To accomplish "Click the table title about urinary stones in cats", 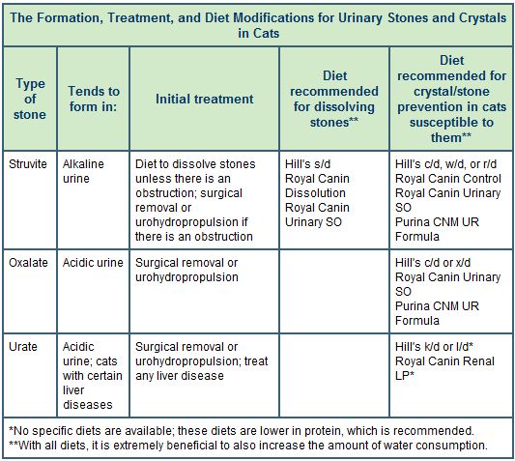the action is point(257,23).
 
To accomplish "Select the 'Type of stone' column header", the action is point(29,98).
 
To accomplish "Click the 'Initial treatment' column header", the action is point(205,98).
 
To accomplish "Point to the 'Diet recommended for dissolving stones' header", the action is point(334,98).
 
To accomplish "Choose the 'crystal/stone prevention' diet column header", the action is point(450,98).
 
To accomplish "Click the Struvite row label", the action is point(28,164).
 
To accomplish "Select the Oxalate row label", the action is point(27,263).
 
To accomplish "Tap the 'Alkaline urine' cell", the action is point(84,171).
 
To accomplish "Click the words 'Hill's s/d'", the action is point(309,164).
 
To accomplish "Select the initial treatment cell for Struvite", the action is point(196,200).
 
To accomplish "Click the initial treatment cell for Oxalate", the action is point(186,270).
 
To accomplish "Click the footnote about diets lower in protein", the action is point(241,430).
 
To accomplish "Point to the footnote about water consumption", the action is point(247,445).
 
